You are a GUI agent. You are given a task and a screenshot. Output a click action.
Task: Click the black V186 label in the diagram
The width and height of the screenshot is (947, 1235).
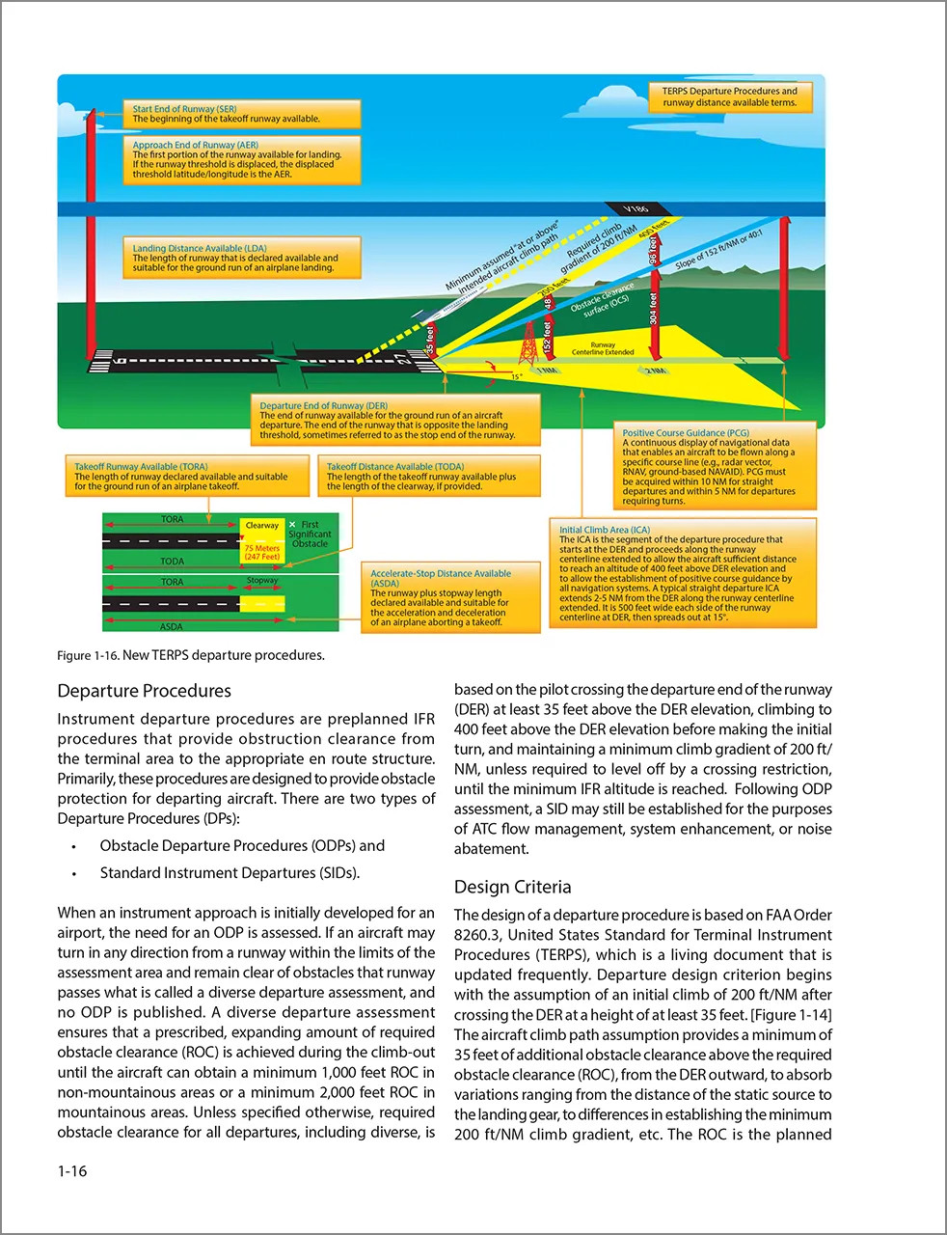tap(636, 209)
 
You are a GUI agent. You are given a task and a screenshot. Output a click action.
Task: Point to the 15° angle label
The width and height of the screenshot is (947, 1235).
tap(517, 376)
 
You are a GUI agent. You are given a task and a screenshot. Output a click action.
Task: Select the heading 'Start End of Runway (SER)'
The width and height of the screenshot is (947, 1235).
tap(184, 109)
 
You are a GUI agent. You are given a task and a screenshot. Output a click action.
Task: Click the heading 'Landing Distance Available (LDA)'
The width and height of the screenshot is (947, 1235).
tap(200, 248)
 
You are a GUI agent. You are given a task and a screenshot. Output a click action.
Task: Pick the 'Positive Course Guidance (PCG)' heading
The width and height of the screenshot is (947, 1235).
tap(686, 433)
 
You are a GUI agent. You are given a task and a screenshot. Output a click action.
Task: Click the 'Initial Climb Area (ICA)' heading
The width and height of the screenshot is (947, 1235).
tap(605, 530)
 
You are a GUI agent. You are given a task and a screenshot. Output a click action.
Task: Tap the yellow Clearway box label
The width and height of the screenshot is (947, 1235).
tap(261, 526)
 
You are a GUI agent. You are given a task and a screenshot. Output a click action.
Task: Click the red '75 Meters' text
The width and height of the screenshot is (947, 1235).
tap(261, 548)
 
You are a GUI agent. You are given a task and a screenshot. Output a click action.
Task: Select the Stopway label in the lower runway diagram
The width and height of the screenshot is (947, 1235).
tap(261, 581)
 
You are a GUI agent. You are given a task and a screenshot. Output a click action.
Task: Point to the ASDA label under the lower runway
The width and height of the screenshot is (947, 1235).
tap(171, 626)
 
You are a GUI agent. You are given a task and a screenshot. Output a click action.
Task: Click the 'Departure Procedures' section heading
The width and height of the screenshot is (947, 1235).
tap(145, 691)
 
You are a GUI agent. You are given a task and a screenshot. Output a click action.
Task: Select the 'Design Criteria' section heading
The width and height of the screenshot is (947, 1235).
tap(512, 887)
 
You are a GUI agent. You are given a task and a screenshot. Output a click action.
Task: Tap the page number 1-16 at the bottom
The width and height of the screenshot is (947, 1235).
tap(72, 1170)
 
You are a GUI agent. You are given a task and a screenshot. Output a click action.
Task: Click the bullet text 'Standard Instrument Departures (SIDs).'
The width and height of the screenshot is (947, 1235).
tap(230, 873)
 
